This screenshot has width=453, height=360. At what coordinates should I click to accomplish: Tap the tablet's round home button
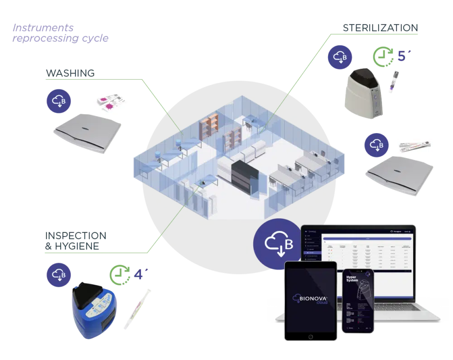coord(310,336)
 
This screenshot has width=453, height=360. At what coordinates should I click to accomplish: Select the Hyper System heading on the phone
coord(352,279)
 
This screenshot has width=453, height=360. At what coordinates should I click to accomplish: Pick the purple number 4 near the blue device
coord(139,274)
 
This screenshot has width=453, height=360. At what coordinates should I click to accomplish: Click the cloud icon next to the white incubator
coord(339,58)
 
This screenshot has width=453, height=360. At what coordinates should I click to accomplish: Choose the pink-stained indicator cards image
coord(112,101)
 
